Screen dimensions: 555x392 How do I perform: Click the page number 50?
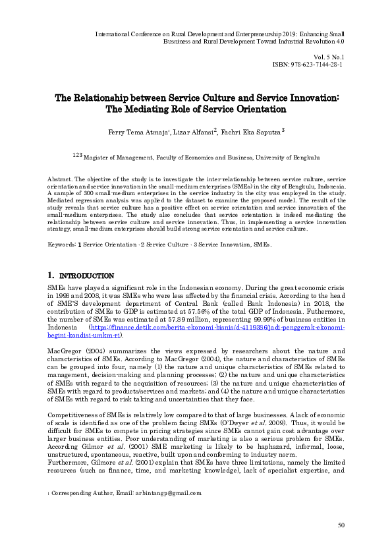[x=341, y=525]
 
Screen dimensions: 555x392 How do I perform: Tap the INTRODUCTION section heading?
[x=87, y=276]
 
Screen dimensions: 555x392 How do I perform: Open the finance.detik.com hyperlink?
[x=217, y=328]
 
